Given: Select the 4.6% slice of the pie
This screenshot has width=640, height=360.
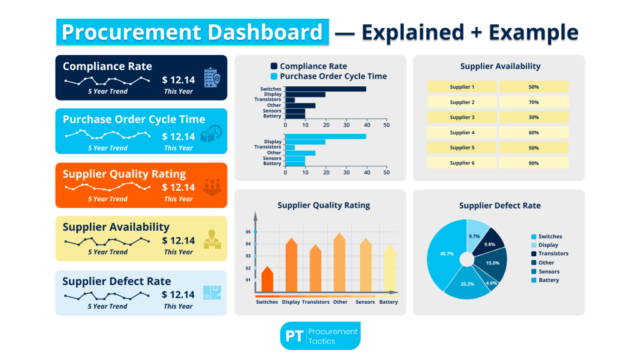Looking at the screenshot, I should click(491, 283).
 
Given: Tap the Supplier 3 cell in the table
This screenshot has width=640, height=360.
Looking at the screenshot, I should click(462, 117).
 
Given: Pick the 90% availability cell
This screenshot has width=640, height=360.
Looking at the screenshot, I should click(533, 162).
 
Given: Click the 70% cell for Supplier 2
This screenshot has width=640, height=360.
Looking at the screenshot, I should click(533, 102).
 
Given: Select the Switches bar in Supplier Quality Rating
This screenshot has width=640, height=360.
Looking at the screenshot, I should click(267, 280).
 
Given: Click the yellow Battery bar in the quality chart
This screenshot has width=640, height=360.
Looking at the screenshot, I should click(389, 269).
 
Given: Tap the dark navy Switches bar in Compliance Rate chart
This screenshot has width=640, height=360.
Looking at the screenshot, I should click(325, 89).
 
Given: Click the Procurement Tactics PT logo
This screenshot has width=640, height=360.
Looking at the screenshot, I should click(320, 336).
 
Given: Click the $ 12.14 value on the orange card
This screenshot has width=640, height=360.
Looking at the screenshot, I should click(178, 187).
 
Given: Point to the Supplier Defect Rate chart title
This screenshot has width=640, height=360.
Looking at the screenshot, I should click(499, 206).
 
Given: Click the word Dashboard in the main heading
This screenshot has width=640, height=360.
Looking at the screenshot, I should click(261, 32).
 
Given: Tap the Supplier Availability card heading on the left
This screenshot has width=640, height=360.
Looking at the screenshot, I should click(116, 227).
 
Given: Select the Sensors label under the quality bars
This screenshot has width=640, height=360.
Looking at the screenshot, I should click(365, 302).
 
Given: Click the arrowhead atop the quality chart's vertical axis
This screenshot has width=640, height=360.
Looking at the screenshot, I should click(255, 216).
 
